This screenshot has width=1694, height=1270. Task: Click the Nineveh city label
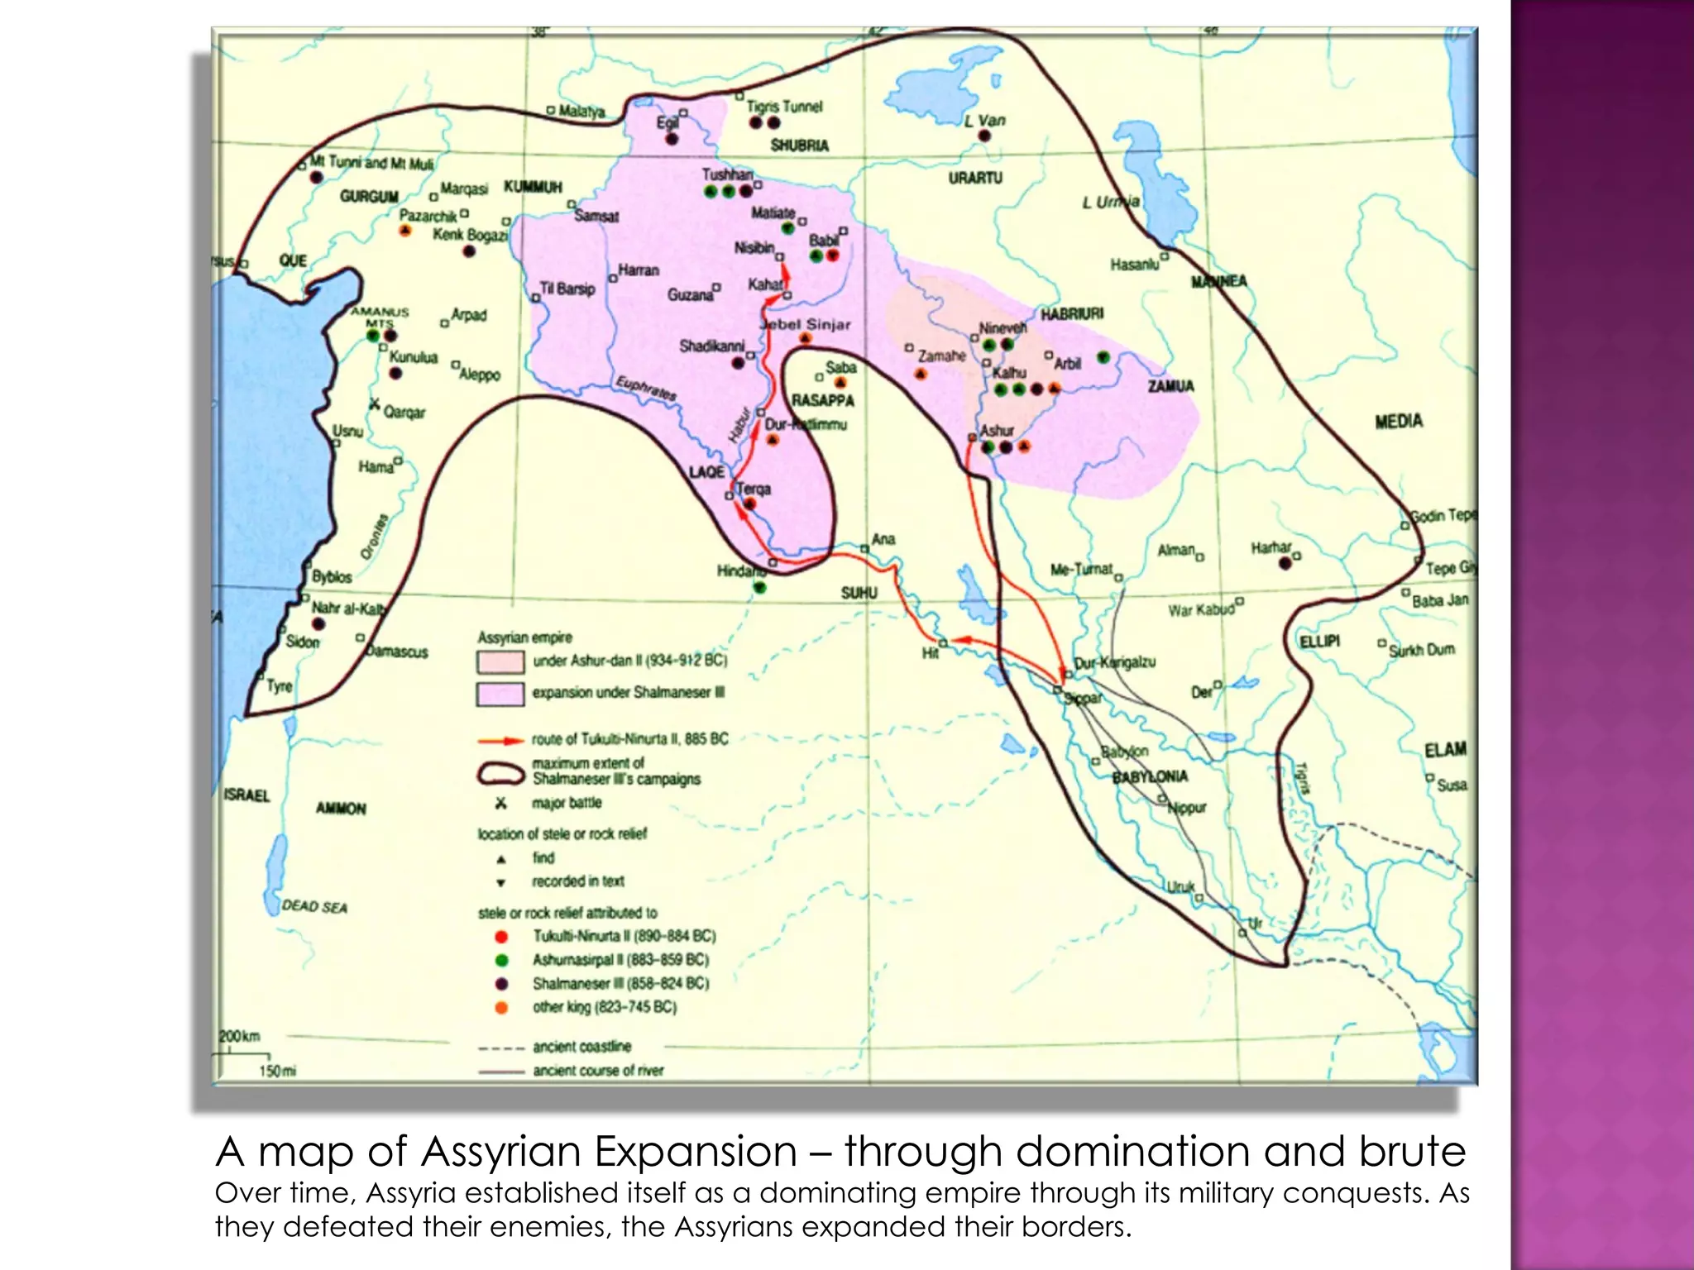pos(1003,328)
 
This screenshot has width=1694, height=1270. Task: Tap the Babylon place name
pos(1125,752)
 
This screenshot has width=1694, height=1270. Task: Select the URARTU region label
pos(975,178)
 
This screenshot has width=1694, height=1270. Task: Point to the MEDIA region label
pos(1399,422)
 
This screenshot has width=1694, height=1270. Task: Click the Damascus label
pos(398,652)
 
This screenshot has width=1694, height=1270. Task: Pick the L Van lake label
pos(985,121)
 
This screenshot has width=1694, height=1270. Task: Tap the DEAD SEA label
pos(314,906)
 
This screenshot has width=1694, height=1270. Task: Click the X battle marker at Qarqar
pos(375,404)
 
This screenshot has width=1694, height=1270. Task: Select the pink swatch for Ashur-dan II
pos(500,661)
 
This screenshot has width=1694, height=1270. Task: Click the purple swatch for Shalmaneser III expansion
pos(500,693)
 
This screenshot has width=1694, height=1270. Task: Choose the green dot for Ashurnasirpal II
pos(500,961)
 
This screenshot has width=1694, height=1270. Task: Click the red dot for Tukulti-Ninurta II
pos(500,937)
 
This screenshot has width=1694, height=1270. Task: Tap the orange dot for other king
pos(500,1007)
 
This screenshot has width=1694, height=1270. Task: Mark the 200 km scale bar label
pos(239,1036)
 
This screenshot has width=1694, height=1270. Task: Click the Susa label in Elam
pos(1452,785)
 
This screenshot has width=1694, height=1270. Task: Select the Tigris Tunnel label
pos(784,107)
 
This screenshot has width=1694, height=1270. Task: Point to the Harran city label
pos(639,270)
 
